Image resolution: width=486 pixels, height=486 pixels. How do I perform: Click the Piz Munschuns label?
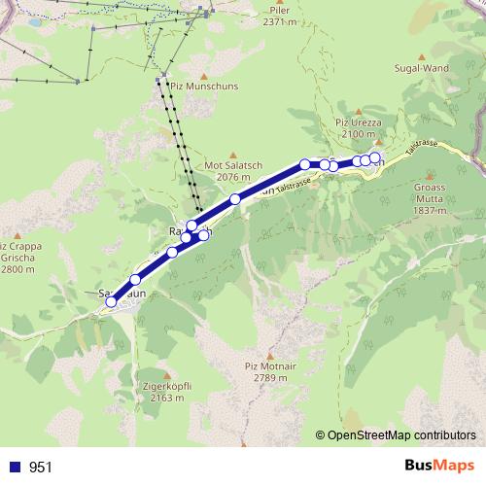click(203, 86)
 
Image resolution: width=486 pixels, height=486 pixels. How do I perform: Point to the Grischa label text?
click(20, 257)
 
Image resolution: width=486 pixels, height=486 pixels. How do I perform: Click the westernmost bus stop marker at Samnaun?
click(111, 302)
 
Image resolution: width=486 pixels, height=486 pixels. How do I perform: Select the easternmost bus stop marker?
click(374, 157)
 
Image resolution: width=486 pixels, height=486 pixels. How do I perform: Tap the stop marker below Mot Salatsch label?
click(235, 199)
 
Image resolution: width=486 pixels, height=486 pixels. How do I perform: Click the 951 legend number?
click(41, 468)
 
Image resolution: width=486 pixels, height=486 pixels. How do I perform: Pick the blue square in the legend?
click(16, 468)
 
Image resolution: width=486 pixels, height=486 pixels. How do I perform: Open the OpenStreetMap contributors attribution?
click(399, 434)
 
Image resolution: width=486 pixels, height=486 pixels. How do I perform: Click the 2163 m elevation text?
click(167, 398)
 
